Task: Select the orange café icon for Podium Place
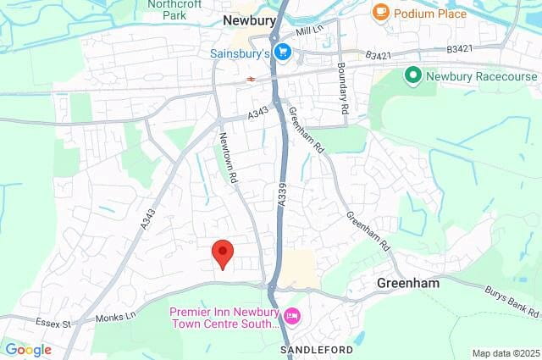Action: (380, 13)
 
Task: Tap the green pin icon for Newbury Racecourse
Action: (413, 76)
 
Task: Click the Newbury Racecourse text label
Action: (473, 76)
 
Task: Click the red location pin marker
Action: (222, 253)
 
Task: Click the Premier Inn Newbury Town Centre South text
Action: (224, 318)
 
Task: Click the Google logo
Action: (28, 350)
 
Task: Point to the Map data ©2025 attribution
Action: (505, 353)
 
